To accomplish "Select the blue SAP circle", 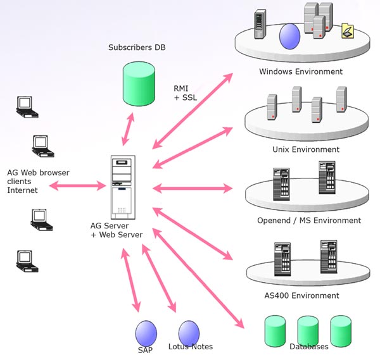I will [x=146, y=332].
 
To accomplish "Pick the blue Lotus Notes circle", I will [x=189, y=332].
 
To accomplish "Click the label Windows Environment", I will [x=301, y=71].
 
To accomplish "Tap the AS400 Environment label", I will [x=301, y=295].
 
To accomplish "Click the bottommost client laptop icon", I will [x=25, y=259].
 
